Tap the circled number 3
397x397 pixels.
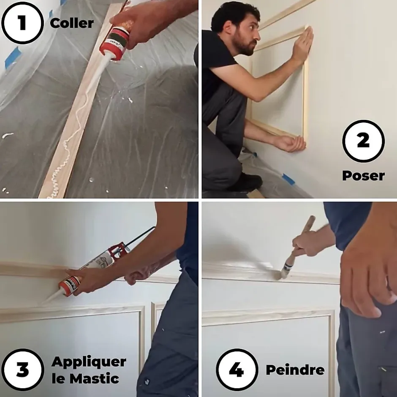click(22, 370)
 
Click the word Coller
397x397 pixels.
click(72, 23)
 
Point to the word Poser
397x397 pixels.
click(363, 175)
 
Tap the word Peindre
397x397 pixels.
click(295, 370)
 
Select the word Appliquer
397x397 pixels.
click(89, 362)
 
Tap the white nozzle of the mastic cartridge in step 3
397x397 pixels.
click(51, 297)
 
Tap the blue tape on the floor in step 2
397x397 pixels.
click(288, 179)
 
